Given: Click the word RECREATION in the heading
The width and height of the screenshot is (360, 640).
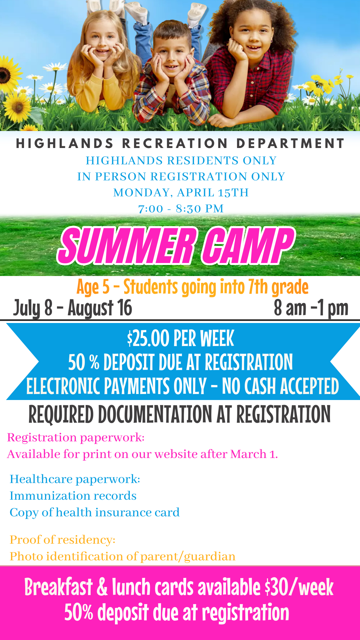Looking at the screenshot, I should click(175, 144).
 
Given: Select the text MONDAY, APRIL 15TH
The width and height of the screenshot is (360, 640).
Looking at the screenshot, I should click(181, 193).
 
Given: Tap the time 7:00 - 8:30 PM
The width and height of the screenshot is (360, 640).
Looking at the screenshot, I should click(181, 209).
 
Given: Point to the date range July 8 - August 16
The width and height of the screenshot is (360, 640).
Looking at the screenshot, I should click(73, 308).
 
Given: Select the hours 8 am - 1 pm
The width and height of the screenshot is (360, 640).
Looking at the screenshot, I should click(311, 308).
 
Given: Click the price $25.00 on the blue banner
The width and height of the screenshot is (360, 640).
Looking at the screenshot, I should click(148, 339).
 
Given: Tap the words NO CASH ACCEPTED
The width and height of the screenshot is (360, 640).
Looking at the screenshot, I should click(280, 387).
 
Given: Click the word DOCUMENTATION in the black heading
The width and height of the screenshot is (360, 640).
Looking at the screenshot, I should click(155, 415).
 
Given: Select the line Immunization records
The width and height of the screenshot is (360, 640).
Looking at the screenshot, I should click(73, 496).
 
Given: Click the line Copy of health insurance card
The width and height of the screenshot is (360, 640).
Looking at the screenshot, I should click(95, 513).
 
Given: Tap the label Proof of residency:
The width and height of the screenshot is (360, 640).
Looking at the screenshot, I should click(62, 540).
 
